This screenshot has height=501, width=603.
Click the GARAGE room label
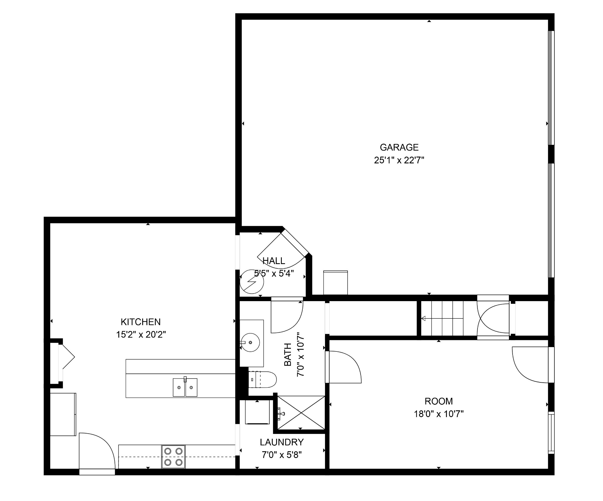coord(399,147)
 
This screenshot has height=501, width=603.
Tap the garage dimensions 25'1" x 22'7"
coord(399,160)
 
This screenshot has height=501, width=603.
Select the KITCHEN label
coord(141,322)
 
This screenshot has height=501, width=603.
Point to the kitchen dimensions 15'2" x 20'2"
coord(141,335)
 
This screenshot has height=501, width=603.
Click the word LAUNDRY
coord(282,442)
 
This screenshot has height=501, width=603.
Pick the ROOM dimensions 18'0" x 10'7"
coord(439,414)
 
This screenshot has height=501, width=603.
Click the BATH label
coord(288,354)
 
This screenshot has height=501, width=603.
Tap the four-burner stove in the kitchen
coord(173,457)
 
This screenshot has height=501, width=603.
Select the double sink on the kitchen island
coord(185,387)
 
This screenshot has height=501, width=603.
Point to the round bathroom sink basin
coord(250,342)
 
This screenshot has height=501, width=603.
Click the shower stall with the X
coord(301,413)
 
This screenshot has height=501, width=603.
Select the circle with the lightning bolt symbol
coord(252,282)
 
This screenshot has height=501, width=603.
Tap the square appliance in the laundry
coord(257,412)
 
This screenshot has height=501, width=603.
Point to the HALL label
coord(274,261)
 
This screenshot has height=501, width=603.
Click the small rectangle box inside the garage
coord(335,283)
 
